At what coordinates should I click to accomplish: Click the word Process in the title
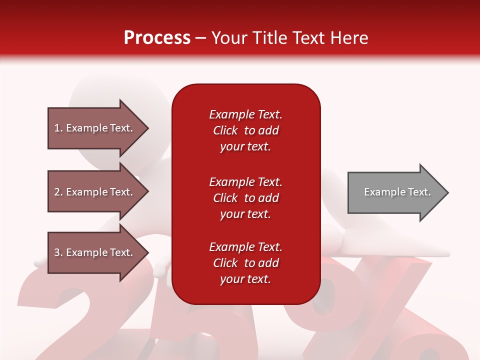pyautogui.click(x=157, y=37)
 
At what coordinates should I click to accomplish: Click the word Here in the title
pyautogui.click(x=349, y=37)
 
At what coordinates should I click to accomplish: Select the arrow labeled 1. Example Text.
pyautogui.click(x=98, y=128)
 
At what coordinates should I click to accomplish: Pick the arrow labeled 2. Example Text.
pyautogui.click(x=98, y=191)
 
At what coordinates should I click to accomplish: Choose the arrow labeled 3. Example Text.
pyautogui.click(x=98, y=252)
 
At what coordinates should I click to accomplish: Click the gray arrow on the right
pyautogui.click(x=398, y=192)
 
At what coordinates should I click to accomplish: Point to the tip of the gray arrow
pyautogui.click(x=448, y=192)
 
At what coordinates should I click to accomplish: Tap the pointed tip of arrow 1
pyautogui.click(x=148, y=128)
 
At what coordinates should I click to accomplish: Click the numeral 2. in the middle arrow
pyautogui.click(x=59, y=192)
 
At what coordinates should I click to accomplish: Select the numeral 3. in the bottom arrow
pyautogui.click(x=59, y=252)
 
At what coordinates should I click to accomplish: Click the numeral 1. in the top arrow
pyautogui.click(x=59, y=128)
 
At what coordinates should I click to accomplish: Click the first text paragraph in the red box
pyautogui.click(x=246, y=130)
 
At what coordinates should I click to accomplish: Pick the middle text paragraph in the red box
pyautogui.click(x=246, y=198)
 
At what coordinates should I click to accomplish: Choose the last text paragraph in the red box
pyautogui.click(x=246, y=263)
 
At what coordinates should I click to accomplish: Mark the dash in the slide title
pyautogui.click(x=201, y=39)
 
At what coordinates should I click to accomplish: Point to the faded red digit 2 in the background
pyautogui.click(x=76, y=315)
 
